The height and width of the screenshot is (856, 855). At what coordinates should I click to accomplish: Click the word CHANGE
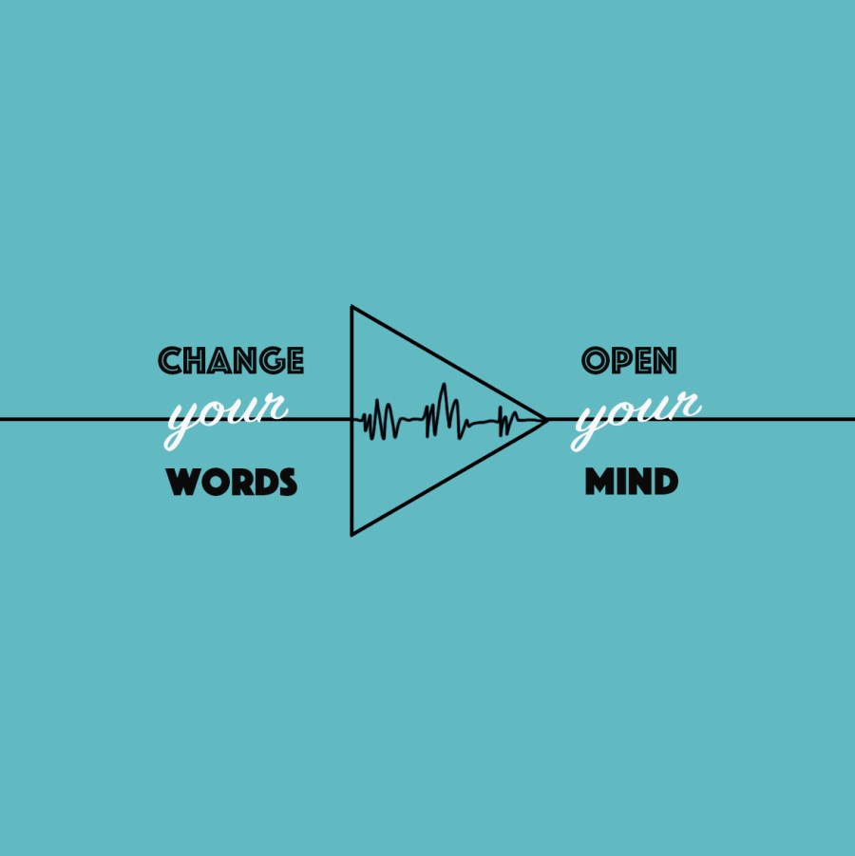point(231,361)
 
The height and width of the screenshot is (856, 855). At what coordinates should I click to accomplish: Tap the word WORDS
point(232,483)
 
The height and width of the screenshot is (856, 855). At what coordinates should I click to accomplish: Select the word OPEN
point(629,361)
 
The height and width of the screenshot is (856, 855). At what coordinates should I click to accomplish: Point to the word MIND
point(631,483)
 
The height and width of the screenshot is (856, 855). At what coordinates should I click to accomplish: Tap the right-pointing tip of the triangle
point(546,419)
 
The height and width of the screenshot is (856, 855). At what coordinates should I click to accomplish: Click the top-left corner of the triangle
point(351,307)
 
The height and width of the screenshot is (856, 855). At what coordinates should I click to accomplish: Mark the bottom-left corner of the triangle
point(351,534)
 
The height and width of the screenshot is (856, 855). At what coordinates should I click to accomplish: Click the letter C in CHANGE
point(170,361)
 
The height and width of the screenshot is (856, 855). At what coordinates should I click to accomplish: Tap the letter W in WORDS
point(183,483)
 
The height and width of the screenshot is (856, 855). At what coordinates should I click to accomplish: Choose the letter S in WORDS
point(285,483)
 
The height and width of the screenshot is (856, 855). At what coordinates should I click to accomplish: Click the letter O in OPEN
point(595,361)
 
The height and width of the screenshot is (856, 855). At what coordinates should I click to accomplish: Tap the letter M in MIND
point(598,483)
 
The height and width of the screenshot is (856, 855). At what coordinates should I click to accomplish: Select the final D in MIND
point(665,483)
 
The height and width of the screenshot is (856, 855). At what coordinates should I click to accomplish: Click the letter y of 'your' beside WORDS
point(180,423)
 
